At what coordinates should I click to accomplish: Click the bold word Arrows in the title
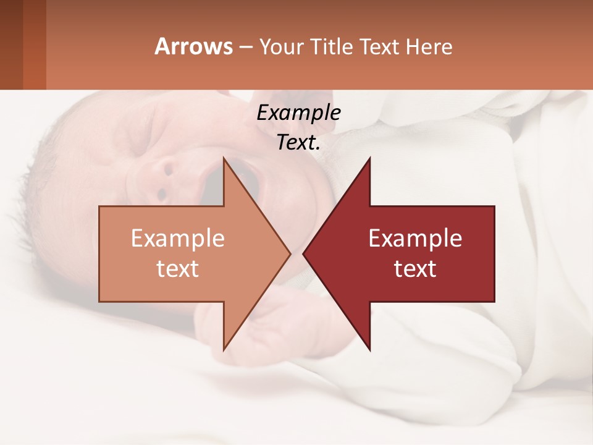coord(194,46)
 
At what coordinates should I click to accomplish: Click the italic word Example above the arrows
coord(298,113)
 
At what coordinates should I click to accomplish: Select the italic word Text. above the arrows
coord(298,143)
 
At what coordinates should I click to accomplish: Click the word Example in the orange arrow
coord(178,239)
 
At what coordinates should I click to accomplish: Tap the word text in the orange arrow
coord(178,268)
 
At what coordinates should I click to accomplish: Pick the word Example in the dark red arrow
coord(415,239)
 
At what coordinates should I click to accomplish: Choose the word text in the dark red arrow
coord(415,268)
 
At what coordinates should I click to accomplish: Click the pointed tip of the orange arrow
coord(289,253)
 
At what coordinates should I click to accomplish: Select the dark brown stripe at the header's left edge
coord(11,44)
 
